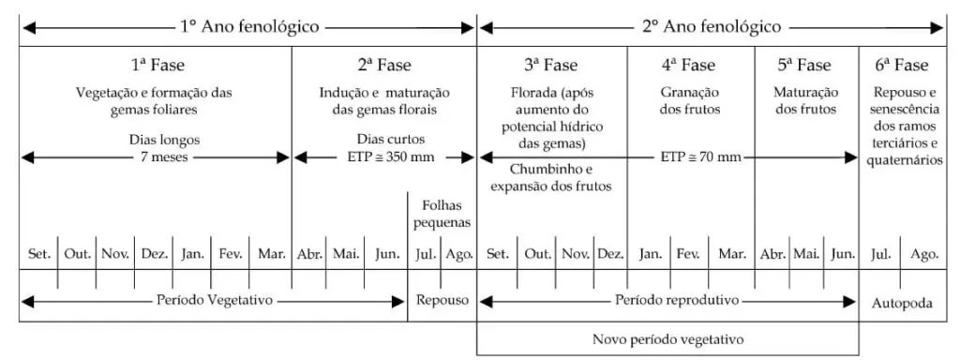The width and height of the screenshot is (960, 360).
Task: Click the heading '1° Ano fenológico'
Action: point(249,26)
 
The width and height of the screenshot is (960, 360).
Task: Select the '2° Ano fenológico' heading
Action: point(712,26)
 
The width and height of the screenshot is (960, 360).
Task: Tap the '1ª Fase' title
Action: point(157,66)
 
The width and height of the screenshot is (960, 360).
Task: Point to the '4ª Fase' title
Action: point(690,66)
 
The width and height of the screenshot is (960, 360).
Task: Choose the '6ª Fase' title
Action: point(902,66)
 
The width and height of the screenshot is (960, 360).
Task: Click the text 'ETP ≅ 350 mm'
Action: point(384,157)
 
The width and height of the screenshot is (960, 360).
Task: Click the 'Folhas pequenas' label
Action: point(442,215)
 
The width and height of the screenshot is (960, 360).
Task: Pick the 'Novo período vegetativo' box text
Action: point(668,337)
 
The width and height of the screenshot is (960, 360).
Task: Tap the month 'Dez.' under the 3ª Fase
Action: point(609,253)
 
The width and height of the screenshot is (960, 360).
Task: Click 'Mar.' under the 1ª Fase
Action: point(271,253)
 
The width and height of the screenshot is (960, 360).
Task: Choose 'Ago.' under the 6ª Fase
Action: point(923,253)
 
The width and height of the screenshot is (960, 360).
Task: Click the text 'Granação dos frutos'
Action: point(691,101)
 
